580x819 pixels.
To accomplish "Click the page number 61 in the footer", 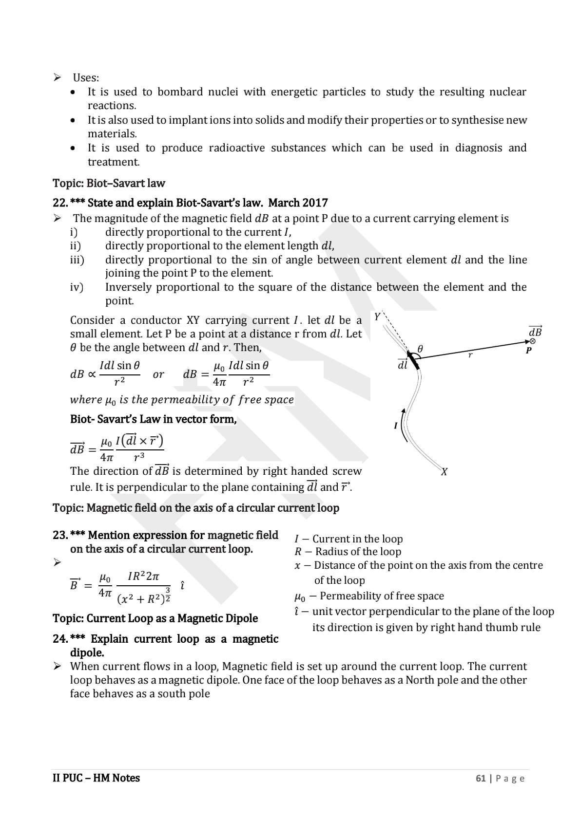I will click(x=481, y=778).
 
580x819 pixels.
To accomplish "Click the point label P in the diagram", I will click(x=528, y=350).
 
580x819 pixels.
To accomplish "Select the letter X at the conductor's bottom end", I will click(x=444, y=472).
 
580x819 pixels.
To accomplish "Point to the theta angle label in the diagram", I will click(x=420, y=349).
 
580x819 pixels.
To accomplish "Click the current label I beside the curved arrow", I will click(x=396, y=426).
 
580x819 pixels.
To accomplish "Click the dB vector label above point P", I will click(x=535, y=332).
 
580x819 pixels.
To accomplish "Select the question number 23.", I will click(x=59, y=535).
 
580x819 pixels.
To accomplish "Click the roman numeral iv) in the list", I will click(x=77, y=287).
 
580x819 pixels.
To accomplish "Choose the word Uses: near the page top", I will click(x=86, y=78).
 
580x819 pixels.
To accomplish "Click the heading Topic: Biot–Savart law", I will click(x=109, y=184).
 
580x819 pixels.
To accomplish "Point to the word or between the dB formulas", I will click(x=158, y=374).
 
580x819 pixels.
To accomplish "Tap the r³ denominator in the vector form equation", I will click(x=139, y=457).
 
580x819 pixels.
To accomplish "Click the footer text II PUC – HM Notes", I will click(x=96, y=778).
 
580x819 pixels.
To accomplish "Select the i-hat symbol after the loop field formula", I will click(x=182, y=585).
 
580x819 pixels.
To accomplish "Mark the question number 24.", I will click(x=59, y=639).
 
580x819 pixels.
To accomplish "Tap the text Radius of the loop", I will click(x=358, y=552).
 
